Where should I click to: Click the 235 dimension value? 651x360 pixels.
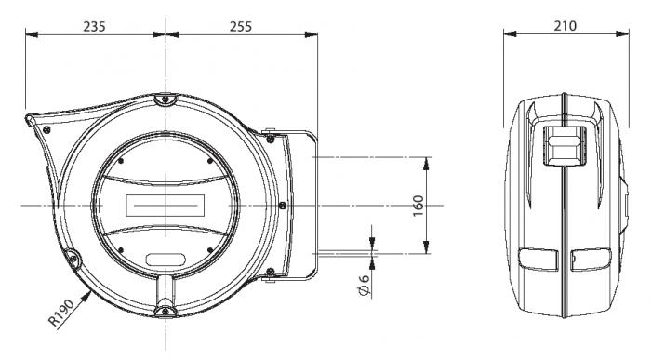point(94,27)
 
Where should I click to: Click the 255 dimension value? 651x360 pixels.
point(241,27)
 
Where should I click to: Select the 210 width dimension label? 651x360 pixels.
point(565,26)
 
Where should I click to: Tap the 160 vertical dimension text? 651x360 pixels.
point(418,206)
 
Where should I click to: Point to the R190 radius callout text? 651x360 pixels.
point(61,313)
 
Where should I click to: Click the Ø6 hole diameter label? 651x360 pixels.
point(364,285)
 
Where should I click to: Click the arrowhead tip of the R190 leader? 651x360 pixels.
point(91,292)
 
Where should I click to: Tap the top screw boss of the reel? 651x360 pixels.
point(166,100)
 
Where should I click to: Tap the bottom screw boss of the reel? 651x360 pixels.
point(166,311)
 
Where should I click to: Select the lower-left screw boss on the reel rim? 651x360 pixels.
point(73,258)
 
